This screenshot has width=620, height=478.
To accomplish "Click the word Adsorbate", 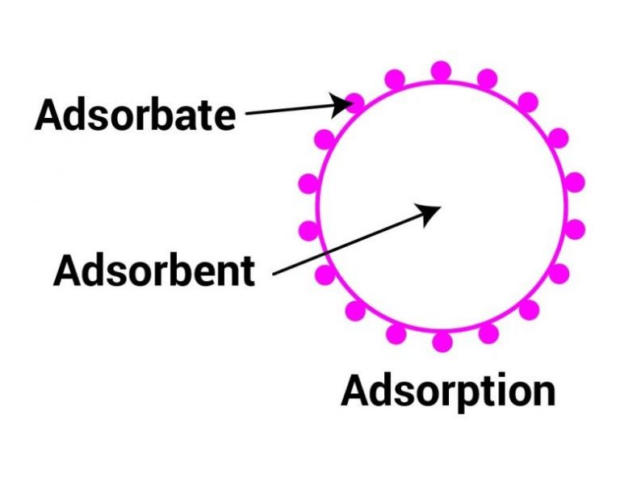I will [135, 115].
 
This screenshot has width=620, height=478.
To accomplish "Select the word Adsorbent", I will [154, 270].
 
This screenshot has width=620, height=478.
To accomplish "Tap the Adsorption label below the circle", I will [448, 391].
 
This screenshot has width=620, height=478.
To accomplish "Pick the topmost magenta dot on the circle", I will [441, 71].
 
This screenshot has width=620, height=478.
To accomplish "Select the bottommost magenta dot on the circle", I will [442, 342].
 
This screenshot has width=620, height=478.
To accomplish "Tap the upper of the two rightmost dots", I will [574, 182].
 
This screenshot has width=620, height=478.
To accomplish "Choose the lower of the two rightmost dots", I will [574, 229].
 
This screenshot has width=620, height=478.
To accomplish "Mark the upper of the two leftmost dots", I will [308, 183].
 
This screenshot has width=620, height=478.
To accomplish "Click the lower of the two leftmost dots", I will [308, 231].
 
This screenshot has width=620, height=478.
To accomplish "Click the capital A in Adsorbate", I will [50, 115].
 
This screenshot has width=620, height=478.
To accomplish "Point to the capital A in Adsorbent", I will [69, 270].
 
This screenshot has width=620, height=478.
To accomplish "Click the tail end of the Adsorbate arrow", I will [246, 114].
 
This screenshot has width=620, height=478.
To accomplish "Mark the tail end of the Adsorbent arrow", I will [274, 275].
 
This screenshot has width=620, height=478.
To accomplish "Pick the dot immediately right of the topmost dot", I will [487, 79].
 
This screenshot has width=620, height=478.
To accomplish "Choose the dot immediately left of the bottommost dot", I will [396, 333].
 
